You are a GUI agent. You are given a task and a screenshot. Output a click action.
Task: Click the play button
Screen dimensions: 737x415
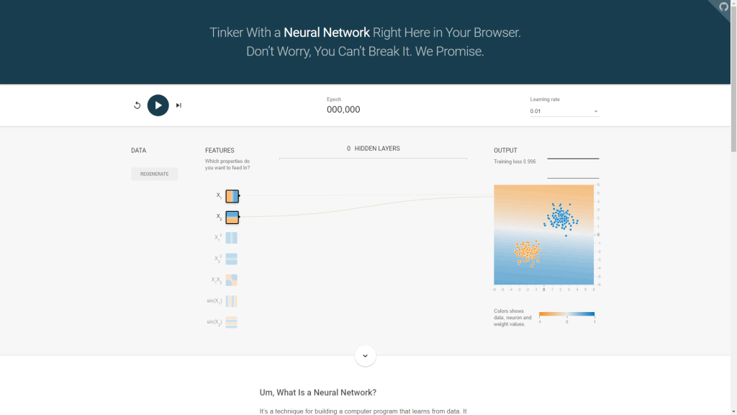click(158, 105)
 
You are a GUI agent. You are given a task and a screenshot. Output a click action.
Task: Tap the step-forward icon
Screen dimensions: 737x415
click(178, 105)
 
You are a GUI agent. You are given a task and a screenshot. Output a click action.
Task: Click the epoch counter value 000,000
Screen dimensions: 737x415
click(343, 110)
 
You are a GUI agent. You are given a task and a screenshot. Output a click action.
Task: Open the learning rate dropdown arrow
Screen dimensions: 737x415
click(596, 112)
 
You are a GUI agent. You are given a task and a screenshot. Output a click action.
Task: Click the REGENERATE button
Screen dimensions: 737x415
click(155, 174)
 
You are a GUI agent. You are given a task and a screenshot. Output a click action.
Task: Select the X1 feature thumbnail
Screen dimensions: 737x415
click(232, 196)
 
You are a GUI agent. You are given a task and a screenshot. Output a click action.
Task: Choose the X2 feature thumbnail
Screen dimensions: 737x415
click(232, 217)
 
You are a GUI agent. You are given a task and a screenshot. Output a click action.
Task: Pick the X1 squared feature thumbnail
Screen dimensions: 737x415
click(232, 238)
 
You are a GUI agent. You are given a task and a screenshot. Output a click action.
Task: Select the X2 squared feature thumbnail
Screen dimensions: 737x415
click(232, 259)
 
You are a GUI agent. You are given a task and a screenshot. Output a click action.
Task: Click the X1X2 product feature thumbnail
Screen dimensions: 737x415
click(232, 280)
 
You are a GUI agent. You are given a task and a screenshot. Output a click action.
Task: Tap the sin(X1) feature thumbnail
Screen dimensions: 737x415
click(232, 301)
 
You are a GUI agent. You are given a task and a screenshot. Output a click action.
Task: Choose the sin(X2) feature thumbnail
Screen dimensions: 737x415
click(232, 322)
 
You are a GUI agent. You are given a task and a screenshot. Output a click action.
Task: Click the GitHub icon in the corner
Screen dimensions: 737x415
click(724, 7)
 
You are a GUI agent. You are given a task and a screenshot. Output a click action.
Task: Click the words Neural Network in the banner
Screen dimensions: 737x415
click(327, 32)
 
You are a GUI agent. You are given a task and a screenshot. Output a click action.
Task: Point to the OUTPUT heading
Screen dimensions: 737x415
click(505, 151)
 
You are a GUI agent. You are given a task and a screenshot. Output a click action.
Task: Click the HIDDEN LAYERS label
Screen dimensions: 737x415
click(377, 148)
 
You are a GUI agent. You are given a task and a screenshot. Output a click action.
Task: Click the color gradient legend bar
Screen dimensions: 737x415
click(567, 314)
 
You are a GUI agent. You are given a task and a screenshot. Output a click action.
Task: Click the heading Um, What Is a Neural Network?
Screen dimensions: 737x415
click(318, 393)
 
